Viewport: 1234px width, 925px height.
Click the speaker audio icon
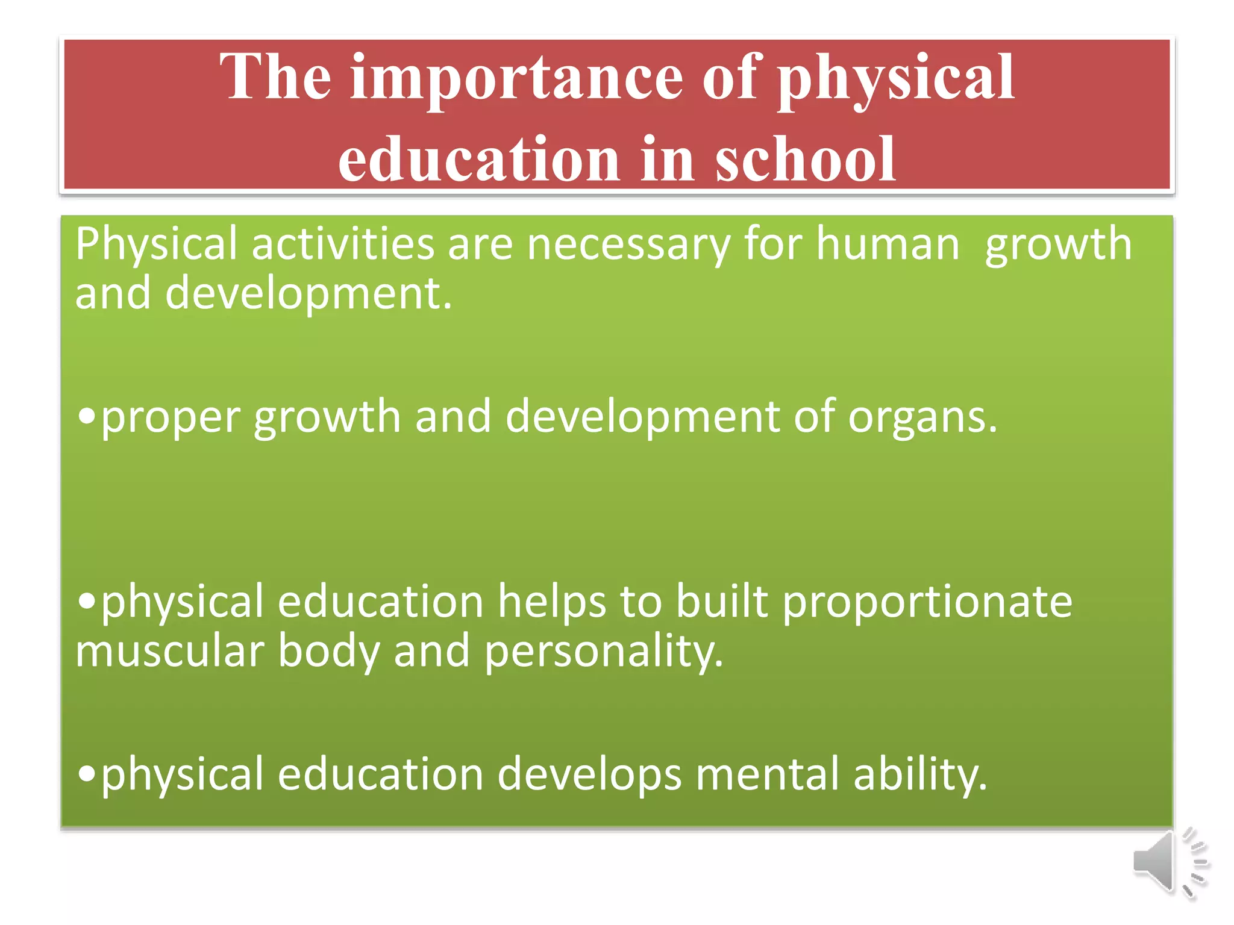coord(1169,862)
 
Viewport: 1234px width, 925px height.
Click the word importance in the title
coord(516,78)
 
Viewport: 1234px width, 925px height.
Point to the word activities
coord(342,244)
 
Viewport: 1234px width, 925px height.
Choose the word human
coord(887,244)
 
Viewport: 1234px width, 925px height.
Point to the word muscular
coord(169,652)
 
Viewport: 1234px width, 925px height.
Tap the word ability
coord(920,776)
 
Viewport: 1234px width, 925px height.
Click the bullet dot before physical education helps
coord(87,601)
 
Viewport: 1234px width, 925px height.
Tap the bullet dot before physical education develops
coord(87,774)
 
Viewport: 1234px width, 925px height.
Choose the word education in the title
coord(478,159)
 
